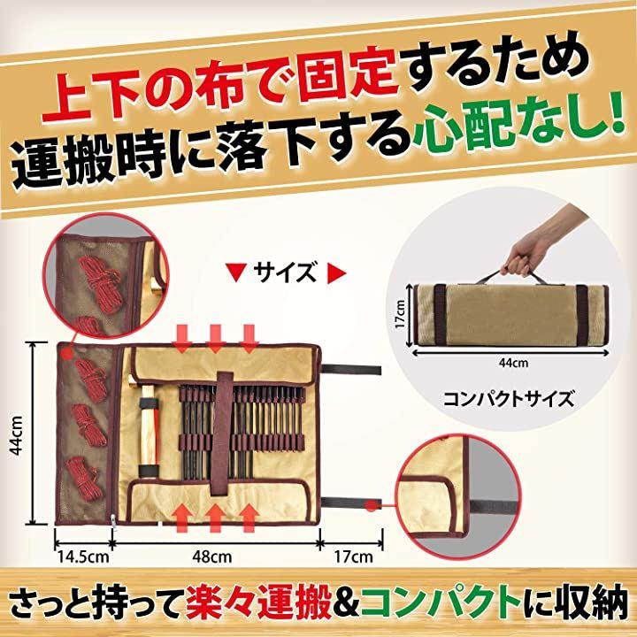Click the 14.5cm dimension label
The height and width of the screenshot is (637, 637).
[x=83, y=556]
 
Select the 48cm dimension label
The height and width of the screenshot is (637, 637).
[x=212, y=556]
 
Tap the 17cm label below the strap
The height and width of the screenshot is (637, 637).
[x=353, y=556]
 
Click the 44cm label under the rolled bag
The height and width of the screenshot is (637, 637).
[x=514, y=363]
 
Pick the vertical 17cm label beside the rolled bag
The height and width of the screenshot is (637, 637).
[x=400, y=314]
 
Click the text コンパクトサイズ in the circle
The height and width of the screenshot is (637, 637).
[x=509, y=399]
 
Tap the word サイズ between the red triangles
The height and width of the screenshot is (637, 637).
[x=285, y=272]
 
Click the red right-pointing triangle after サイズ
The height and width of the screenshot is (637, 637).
[x=336, y=274]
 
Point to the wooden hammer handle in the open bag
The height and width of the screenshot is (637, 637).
[x=148, y=432]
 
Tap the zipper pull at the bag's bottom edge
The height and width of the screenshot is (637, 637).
[x=113, y=523]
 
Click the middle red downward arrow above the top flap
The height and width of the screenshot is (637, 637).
[x=215, y=338]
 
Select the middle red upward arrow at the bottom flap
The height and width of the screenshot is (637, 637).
[x=215, y=517]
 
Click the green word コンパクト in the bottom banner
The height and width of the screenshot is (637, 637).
[x=441, y=608]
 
